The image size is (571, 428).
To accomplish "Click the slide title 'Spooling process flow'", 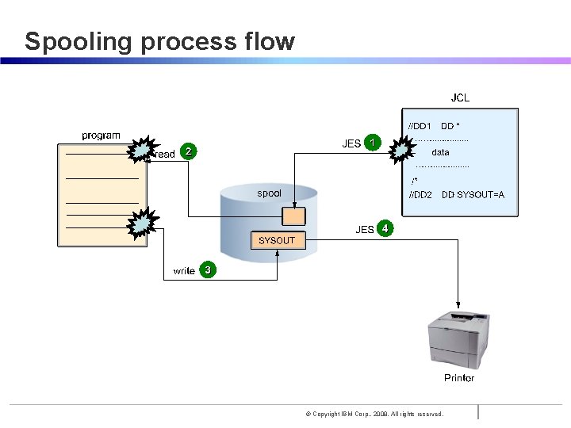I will coord(159,41).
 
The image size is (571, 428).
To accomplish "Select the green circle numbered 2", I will coord(188,151).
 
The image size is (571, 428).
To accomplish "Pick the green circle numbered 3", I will coord(207,270).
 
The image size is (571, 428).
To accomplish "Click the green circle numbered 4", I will coord(385,228).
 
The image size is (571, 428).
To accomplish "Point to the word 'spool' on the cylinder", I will coord(268,193).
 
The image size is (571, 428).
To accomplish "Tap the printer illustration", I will coord(459,340).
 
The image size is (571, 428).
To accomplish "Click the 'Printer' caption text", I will coord(459,377).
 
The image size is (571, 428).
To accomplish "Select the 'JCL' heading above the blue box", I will coord(460,98).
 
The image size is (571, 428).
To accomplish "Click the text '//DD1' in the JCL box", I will coord(420,126).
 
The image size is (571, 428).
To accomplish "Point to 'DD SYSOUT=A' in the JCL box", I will coord(473,195).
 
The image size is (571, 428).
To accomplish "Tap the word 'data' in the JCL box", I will coord(440,152).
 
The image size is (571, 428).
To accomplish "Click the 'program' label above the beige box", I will coord(102,136).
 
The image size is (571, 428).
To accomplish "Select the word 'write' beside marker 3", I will coord(184,271).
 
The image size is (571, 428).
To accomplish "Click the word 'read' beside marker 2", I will coord(165,154).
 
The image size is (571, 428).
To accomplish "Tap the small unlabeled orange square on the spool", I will coord(294,216).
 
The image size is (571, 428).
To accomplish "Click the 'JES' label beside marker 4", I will coord(364,230).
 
